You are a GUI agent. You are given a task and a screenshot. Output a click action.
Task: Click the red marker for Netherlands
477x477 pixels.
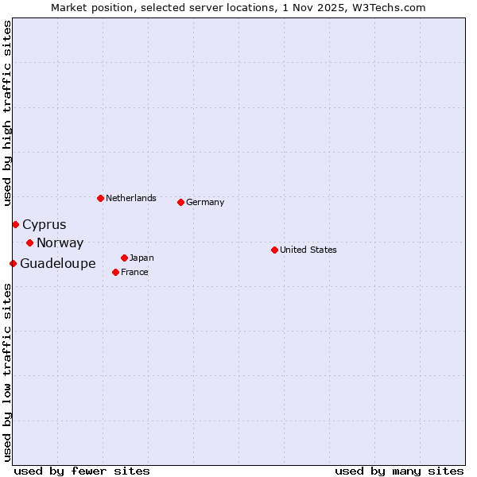click(100, 198)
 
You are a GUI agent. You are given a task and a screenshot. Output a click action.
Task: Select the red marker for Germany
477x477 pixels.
click(180, 202)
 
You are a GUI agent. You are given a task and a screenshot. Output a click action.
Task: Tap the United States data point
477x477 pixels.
click(274, 250)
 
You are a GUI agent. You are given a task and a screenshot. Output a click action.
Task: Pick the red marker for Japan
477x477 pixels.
click(124, 258)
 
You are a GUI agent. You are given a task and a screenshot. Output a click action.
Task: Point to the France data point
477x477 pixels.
click(115, 272)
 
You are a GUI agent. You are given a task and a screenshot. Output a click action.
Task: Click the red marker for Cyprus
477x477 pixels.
click(15, 224)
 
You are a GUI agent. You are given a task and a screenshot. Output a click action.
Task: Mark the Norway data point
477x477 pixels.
click(29, 242)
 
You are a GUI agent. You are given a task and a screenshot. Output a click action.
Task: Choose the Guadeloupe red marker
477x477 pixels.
click(13, 263)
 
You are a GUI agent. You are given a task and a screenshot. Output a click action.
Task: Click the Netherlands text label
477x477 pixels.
click(130, 198)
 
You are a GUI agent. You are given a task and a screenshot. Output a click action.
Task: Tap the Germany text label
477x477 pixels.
click(205, 202)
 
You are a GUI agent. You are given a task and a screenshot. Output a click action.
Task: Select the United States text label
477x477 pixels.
click(308, 250)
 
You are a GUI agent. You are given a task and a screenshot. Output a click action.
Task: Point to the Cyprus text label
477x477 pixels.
click(44, 225)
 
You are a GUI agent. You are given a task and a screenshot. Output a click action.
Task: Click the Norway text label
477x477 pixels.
click(60, 243)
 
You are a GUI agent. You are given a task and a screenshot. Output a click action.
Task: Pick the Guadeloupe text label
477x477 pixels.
click(57, 264)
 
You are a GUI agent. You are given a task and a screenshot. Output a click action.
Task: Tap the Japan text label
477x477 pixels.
click(142, 258)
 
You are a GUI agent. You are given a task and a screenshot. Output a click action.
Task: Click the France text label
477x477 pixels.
click(134, 272)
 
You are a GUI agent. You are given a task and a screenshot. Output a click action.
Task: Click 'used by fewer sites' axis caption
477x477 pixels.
click(82, 471)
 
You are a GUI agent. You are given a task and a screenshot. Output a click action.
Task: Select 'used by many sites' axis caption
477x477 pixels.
click(399, 471)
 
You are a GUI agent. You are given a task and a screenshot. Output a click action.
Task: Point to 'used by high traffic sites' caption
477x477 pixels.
click(7, 113)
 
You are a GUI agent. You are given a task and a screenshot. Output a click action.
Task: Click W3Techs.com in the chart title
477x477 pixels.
click(390, 7)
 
